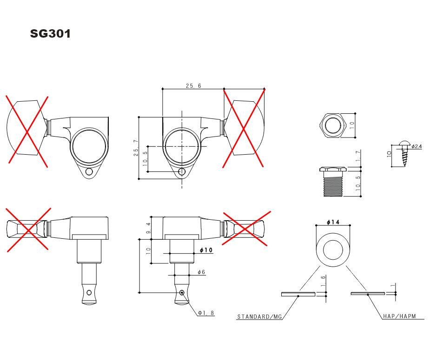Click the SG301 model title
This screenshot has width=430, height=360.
pyautogui.click(x=51, y=34)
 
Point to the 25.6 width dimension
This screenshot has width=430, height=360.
pyautogui.click(x=193, y=86)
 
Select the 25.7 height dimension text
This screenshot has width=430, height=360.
pyautogui.click(x=136, y=148)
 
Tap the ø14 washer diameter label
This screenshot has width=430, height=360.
pyautogui.click(x=333, y=222)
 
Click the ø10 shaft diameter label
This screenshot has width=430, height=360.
pyautogui.click(x=206, y=250)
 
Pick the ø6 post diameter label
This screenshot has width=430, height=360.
pyautogui.click(x=201, y=272)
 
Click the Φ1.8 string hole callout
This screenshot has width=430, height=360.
pyautogui.click(x=206, y=313)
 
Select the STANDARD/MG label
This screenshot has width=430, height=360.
pyautogui.click(x=259, y=317)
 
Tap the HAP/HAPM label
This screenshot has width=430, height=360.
pyautogui.click(x=399, y=316)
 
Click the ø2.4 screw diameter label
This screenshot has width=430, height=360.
pyautogui.click(x=417, y=146)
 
